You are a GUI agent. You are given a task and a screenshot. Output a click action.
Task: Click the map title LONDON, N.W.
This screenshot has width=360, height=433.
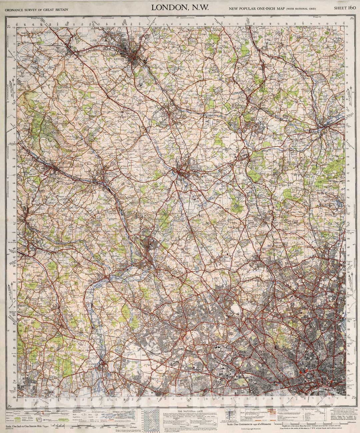click(x=180, y=7)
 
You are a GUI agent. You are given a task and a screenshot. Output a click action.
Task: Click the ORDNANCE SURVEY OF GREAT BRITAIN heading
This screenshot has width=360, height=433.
click(x=36, y=10)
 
